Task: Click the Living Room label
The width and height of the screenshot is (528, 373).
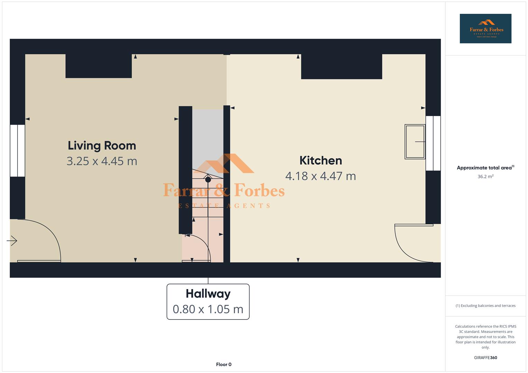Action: click(102, 146)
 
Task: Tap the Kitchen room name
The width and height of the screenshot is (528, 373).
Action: click(321, 161)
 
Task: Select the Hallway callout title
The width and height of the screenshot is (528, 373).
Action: click(208, 294)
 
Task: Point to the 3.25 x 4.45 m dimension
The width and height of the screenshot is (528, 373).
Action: click(102, 161)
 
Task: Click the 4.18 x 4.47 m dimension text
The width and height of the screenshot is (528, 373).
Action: click(321, 176)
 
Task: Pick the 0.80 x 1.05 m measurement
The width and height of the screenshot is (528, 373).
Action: click(208, 309)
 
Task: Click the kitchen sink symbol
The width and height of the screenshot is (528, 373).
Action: click(415, 142)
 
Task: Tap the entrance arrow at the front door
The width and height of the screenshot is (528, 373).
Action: click(12, 241)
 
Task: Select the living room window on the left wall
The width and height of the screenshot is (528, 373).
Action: click(17, 151)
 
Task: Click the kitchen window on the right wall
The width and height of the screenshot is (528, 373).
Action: click(433, 143)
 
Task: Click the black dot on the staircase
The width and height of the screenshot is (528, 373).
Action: click(208, 180)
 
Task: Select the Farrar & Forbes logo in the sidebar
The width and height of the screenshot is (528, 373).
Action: click(485, 28)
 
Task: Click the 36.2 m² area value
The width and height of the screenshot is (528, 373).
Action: click(485, 176)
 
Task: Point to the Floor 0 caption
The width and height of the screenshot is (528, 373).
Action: click(224, 364)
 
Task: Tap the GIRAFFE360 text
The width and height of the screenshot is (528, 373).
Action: click(485, 358)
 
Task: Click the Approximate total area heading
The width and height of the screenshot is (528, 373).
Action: click(485, 168)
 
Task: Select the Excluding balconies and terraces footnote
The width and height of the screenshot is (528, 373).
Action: click(485, 306)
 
